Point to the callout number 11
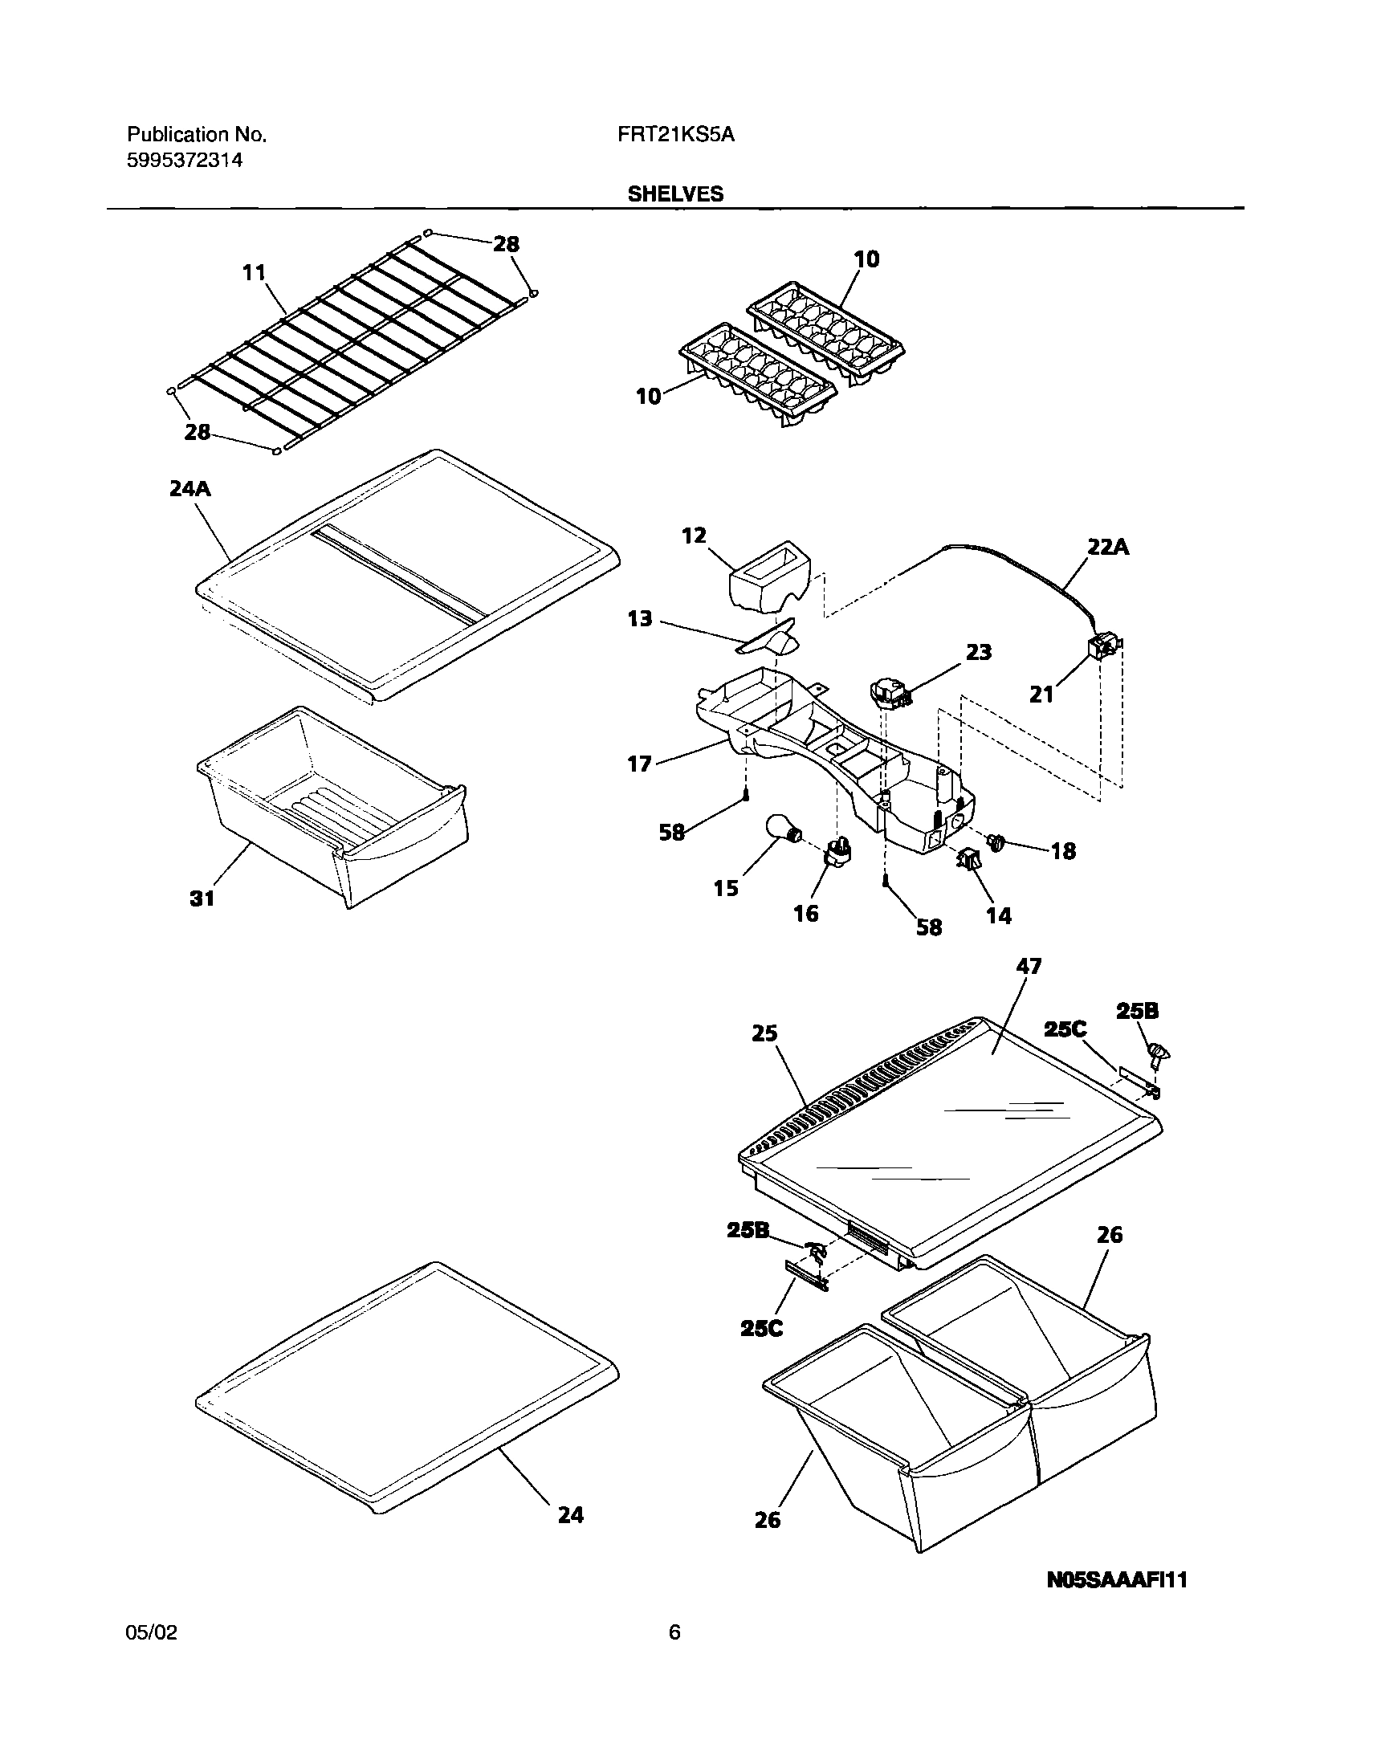(x=254, y=272)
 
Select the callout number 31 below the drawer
(x=202, y=899)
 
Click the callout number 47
(x=1028, y=966)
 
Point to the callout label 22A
(x=1108, y=547)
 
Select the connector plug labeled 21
(x=1104, y=646)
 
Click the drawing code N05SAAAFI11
(x=1117, y=1579)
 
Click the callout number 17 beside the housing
(x=639, y=763)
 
